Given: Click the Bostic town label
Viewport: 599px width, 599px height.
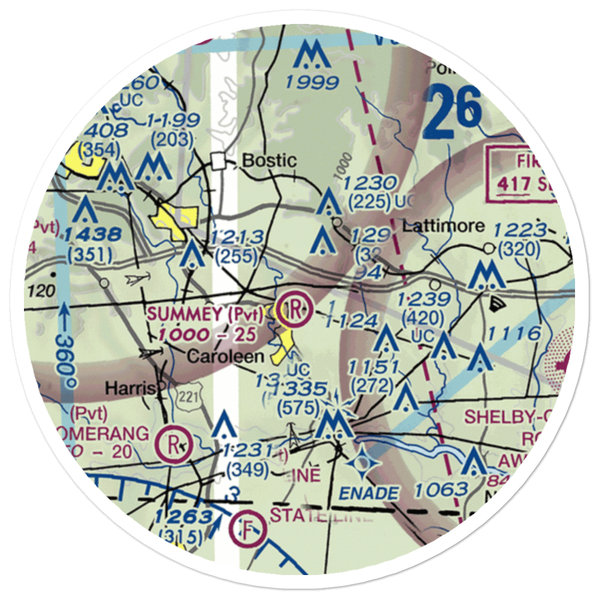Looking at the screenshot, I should pyautogui.click(x=269, y=161).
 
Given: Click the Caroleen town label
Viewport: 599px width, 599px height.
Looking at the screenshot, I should pyautogui.click(x=225, y=356).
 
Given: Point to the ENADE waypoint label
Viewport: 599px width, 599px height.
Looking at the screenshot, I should pyautogui.click(x=369, y=494).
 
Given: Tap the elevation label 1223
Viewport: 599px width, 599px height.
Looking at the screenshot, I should pyautogui.click(x=521, y=230).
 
